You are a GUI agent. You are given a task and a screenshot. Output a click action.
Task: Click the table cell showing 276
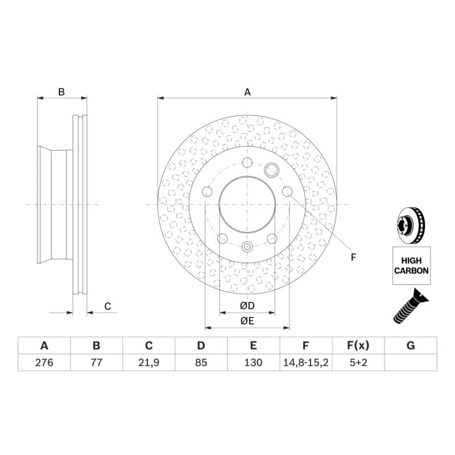(44, 362)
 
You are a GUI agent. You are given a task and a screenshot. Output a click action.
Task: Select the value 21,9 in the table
(148, 362)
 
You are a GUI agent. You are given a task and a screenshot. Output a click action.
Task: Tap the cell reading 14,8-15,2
(305, 362)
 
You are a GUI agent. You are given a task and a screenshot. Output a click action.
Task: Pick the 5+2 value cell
(358, 362)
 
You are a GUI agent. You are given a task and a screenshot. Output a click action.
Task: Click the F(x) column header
(358, 346)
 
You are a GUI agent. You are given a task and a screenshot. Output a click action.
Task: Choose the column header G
(411, 346)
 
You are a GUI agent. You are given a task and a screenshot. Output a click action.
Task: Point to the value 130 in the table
(253, 362)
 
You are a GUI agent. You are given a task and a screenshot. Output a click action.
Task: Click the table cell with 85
(201, 362)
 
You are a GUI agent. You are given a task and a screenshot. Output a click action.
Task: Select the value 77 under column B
(96, 362)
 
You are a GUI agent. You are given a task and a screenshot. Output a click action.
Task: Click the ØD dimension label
(247, 305)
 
